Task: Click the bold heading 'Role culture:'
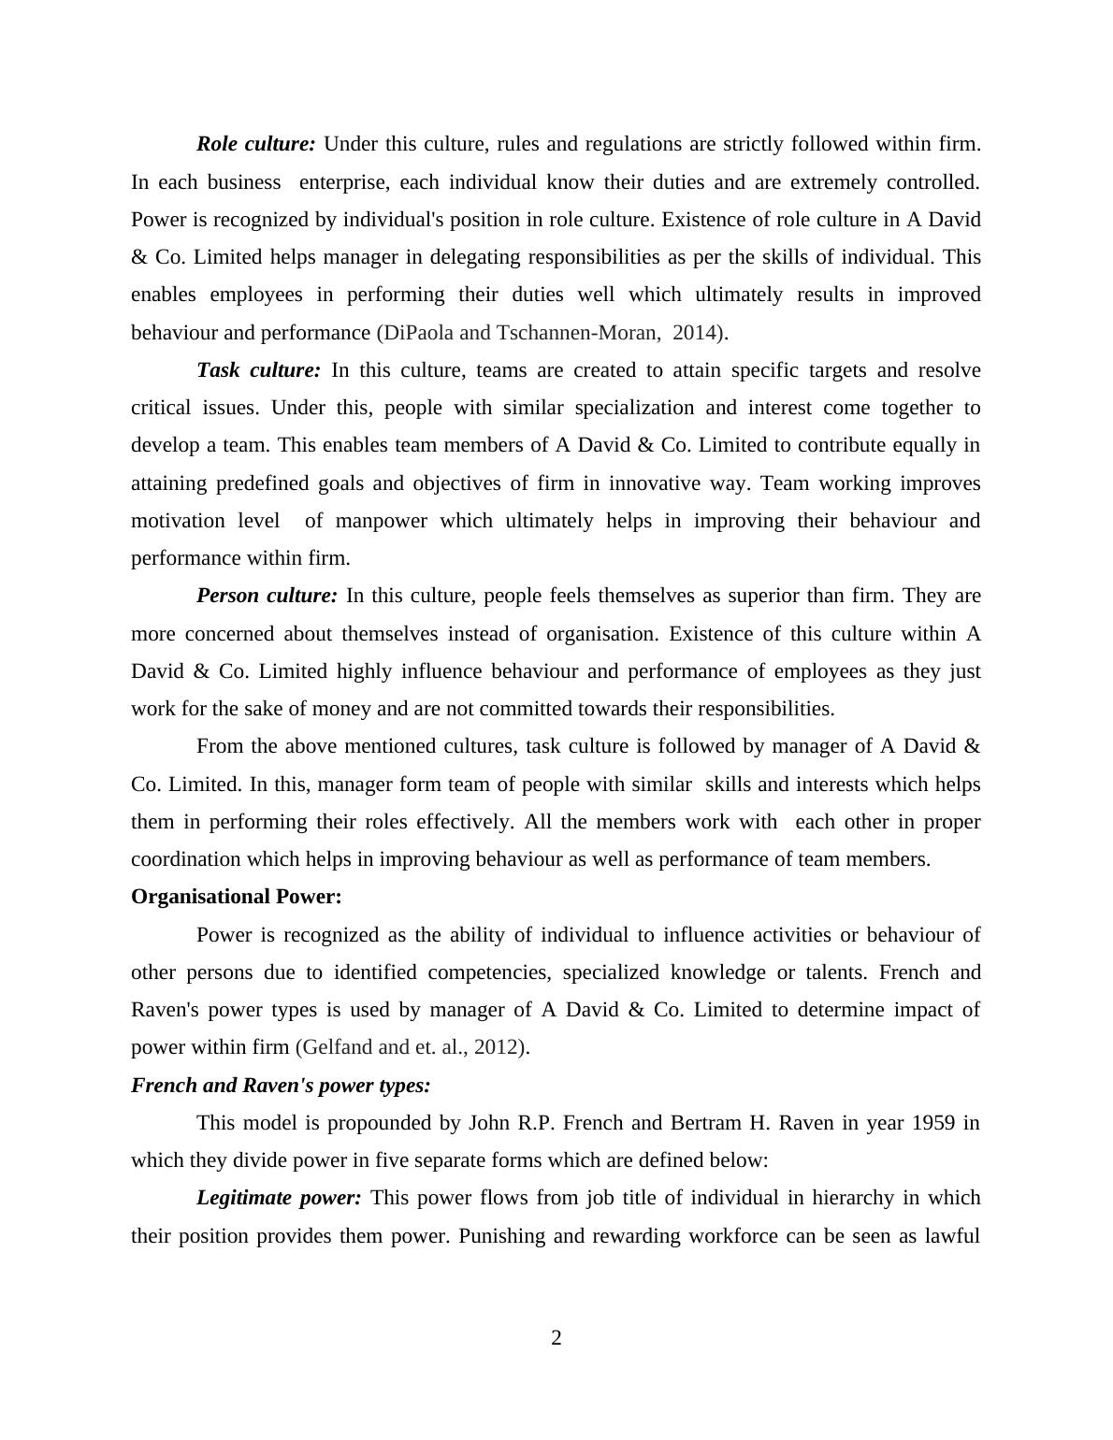(255, 144)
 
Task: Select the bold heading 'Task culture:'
(258, 370)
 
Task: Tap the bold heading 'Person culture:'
(267, 596)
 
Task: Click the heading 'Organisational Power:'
(236, 897)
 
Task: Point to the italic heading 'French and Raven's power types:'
(281, 1086)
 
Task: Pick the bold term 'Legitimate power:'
(279, 1198)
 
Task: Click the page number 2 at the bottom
(556, 1338)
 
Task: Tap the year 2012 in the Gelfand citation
(496, 1047)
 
